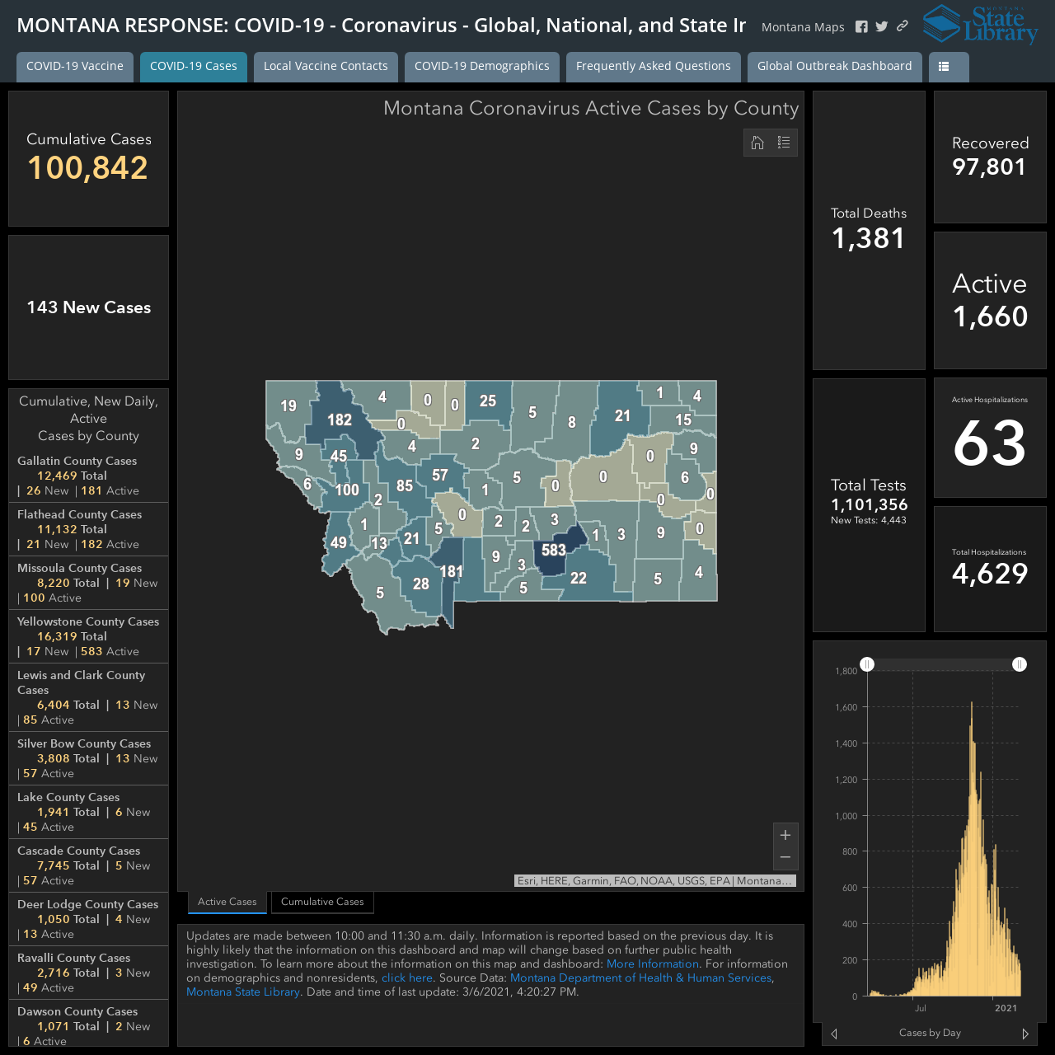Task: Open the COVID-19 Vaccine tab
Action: click(x=75, y=66)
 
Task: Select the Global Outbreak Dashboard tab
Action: click(x=834, y=66)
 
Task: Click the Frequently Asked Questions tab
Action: click(x=653, y=66)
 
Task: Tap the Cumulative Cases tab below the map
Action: click(x=322, y=901)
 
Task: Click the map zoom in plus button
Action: click(x=785, y=835)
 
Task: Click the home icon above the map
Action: click(x=757, y=143)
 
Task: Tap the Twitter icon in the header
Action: click(x=881, y=26)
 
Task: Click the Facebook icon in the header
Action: click(x=861, y=26)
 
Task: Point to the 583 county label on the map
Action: click(x=554, y=550)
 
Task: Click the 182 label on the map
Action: click(x=340, y=420)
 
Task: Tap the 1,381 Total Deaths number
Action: click(x=868, y=238)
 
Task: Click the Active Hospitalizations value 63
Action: click(x=989, y=443)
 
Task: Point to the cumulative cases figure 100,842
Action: click(x=87, y=167)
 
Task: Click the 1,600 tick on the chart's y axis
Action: click(x=846, y=707)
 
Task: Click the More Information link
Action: click(x=653, y=964)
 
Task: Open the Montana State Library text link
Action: click(x=243, y=992)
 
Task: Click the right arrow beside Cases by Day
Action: click(x=1025, y=1034)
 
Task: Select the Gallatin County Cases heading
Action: click(x=77, y=461)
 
